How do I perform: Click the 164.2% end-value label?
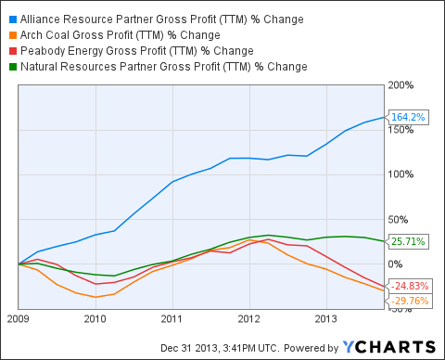tap(408, 118)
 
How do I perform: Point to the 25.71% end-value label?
tap(408, 241)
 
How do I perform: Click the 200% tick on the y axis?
tap(400, 85)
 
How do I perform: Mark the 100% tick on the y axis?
tap(400, 174)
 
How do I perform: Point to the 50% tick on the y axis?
tap(399, 219)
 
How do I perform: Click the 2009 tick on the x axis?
tap(19, 319)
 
